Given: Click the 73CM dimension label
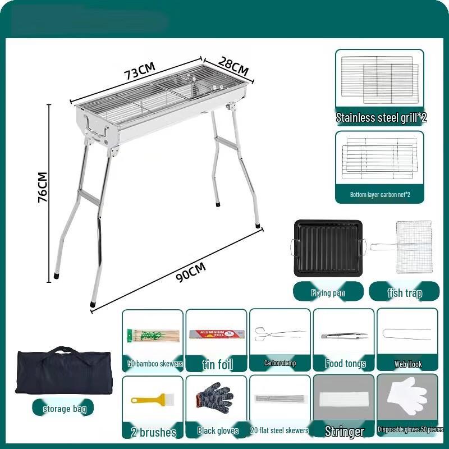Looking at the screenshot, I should tap(140, 71).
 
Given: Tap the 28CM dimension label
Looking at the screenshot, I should tap(233, 66).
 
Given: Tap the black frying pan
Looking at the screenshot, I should tap(328, 248).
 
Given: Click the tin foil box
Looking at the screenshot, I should tap(216, 336).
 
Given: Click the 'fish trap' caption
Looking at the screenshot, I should tap(405, 292).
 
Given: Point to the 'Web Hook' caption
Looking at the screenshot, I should tap(407, 364).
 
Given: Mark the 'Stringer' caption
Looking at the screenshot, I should tap(343, 431).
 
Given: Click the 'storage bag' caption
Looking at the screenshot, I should tap(65, 409).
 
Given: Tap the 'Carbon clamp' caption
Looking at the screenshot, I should tap(280, 363).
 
